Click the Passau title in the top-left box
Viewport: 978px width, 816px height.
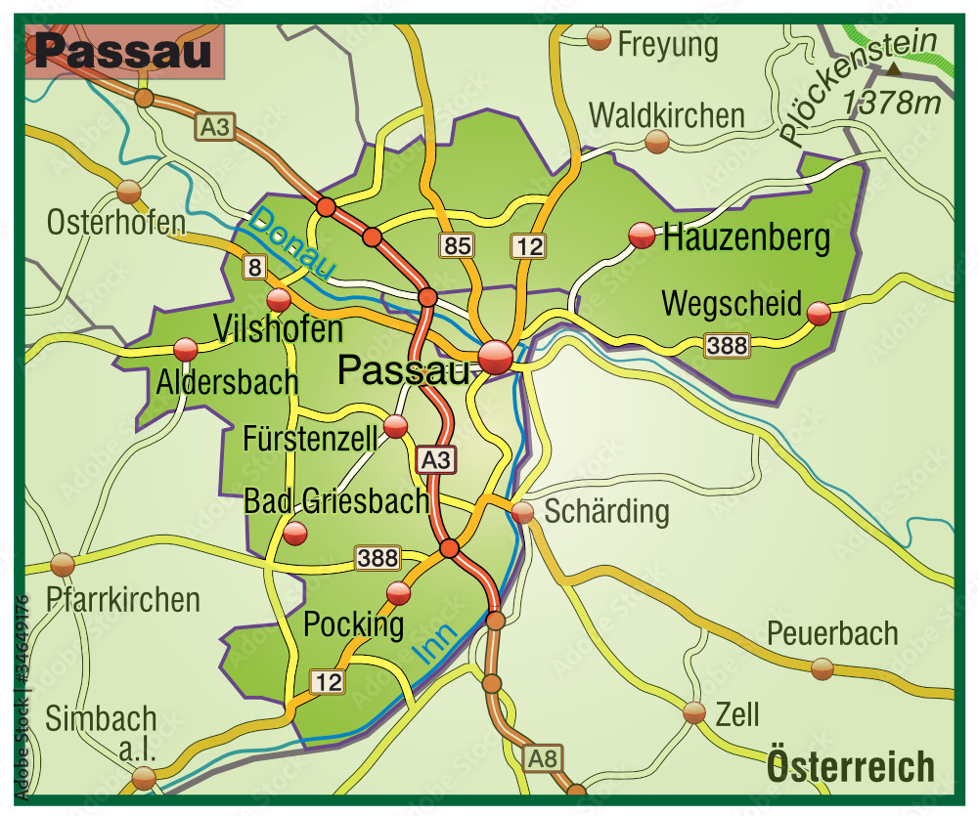tap(123, 52)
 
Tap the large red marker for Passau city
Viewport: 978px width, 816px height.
tap(496, 358)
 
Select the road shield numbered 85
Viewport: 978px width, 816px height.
tap(457, 245)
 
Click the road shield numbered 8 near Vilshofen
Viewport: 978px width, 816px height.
tap(255, 266)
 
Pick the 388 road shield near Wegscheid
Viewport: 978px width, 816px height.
tap(727, 344)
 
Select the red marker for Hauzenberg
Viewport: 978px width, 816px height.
tap(642, 235)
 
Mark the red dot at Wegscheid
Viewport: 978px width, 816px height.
tap(819, 313)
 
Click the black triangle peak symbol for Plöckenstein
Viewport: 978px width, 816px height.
tap(895, 68)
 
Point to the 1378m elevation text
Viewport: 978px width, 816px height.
tap(890, 101)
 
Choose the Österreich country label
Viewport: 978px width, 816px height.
tap(851, 766)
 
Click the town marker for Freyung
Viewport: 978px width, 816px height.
tap(600, 38)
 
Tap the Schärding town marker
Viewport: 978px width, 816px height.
tap(523, 512)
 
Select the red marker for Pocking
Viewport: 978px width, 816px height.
tap(399, 592)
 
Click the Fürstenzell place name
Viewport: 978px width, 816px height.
tap(310, 438)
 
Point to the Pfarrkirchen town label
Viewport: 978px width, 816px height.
tap(123, 599)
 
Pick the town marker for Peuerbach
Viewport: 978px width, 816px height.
tap(822, 668)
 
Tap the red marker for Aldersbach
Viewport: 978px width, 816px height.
tap(185, 349)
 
